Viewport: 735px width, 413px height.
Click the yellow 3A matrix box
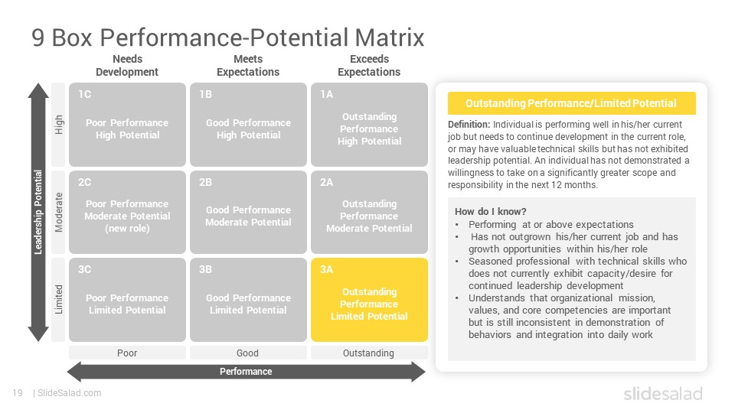click(369, 300)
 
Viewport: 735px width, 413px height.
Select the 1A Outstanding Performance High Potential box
click(369, 125)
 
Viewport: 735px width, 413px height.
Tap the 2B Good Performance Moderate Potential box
click(248, 212)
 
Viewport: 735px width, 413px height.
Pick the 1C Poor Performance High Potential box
click(128, 125)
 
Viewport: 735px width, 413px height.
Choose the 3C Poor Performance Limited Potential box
click(128, 300)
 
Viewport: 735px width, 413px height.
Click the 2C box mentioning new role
click(128, 212)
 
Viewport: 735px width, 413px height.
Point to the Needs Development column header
click(127, 66)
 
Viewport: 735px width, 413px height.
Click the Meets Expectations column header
click(248, 66)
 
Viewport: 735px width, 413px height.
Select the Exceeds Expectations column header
click(369, 66)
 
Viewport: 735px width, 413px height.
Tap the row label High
click(59, 125)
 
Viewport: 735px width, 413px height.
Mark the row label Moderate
click(59, 212)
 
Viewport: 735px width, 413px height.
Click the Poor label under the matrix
click(127, 353)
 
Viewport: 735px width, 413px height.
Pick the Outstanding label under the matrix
click(368, 353)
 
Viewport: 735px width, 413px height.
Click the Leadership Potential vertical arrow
click(38, 212)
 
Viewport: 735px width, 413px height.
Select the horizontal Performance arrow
click(246, 372)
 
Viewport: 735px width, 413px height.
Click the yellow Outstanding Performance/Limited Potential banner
click(571, 103)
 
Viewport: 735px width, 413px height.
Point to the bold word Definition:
click(469, 125)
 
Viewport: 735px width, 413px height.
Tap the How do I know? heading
click(490, 212)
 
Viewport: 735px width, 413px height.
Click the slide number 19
click(18, 393)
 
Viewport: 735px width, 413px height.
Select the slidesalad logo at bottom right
click(663, 393)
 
